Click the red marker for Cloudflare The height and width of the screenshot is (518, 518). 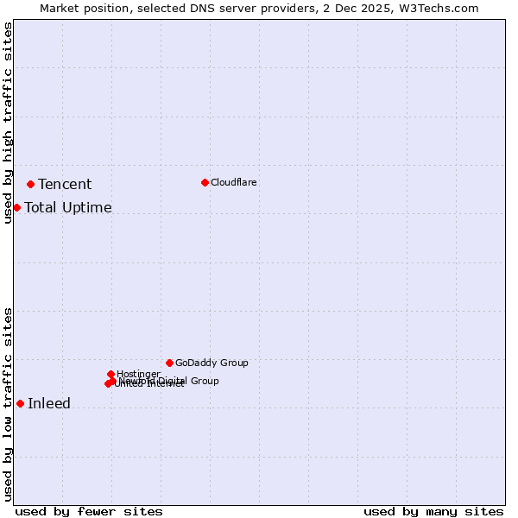tap(205, 182)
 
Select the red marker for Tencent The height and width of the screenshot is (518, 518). tap(30, 184)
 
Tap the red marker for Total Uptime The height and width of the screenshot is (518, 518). tap(16, 207)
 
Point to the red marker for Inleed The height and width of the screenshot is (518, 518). tap(20, 403)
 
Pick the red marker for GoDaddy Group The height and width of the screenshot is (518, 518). tap(169, 363)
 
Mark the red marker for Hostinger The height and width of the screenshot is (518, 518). tap(111, 374)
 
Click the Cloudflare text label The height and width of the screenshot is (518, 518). tap(234, 182)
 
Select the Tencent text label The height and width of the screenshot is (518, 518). tap(65, 184)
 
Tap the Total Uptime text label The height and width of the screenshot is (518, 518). tap(68, 207)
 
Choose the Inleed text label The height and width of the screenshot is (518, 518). tap(49, 403)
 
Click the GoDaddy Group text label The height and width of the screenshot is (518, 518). tap(212, 363)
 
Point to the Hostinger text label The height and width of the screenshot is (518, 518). tap(138, 374)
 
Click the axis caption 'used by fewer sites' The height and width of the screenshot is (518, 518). tap(89, 511)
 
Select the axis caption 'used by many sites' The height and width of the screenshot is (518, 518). tap(433, 511)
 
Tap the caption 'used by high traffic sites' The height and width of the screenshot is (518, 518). tap(8, 123)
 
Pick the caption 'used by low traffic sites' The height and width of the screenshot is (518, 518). tap(8, 404)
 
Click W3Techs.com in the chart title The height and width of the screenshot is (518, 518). tap(444, 8)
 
